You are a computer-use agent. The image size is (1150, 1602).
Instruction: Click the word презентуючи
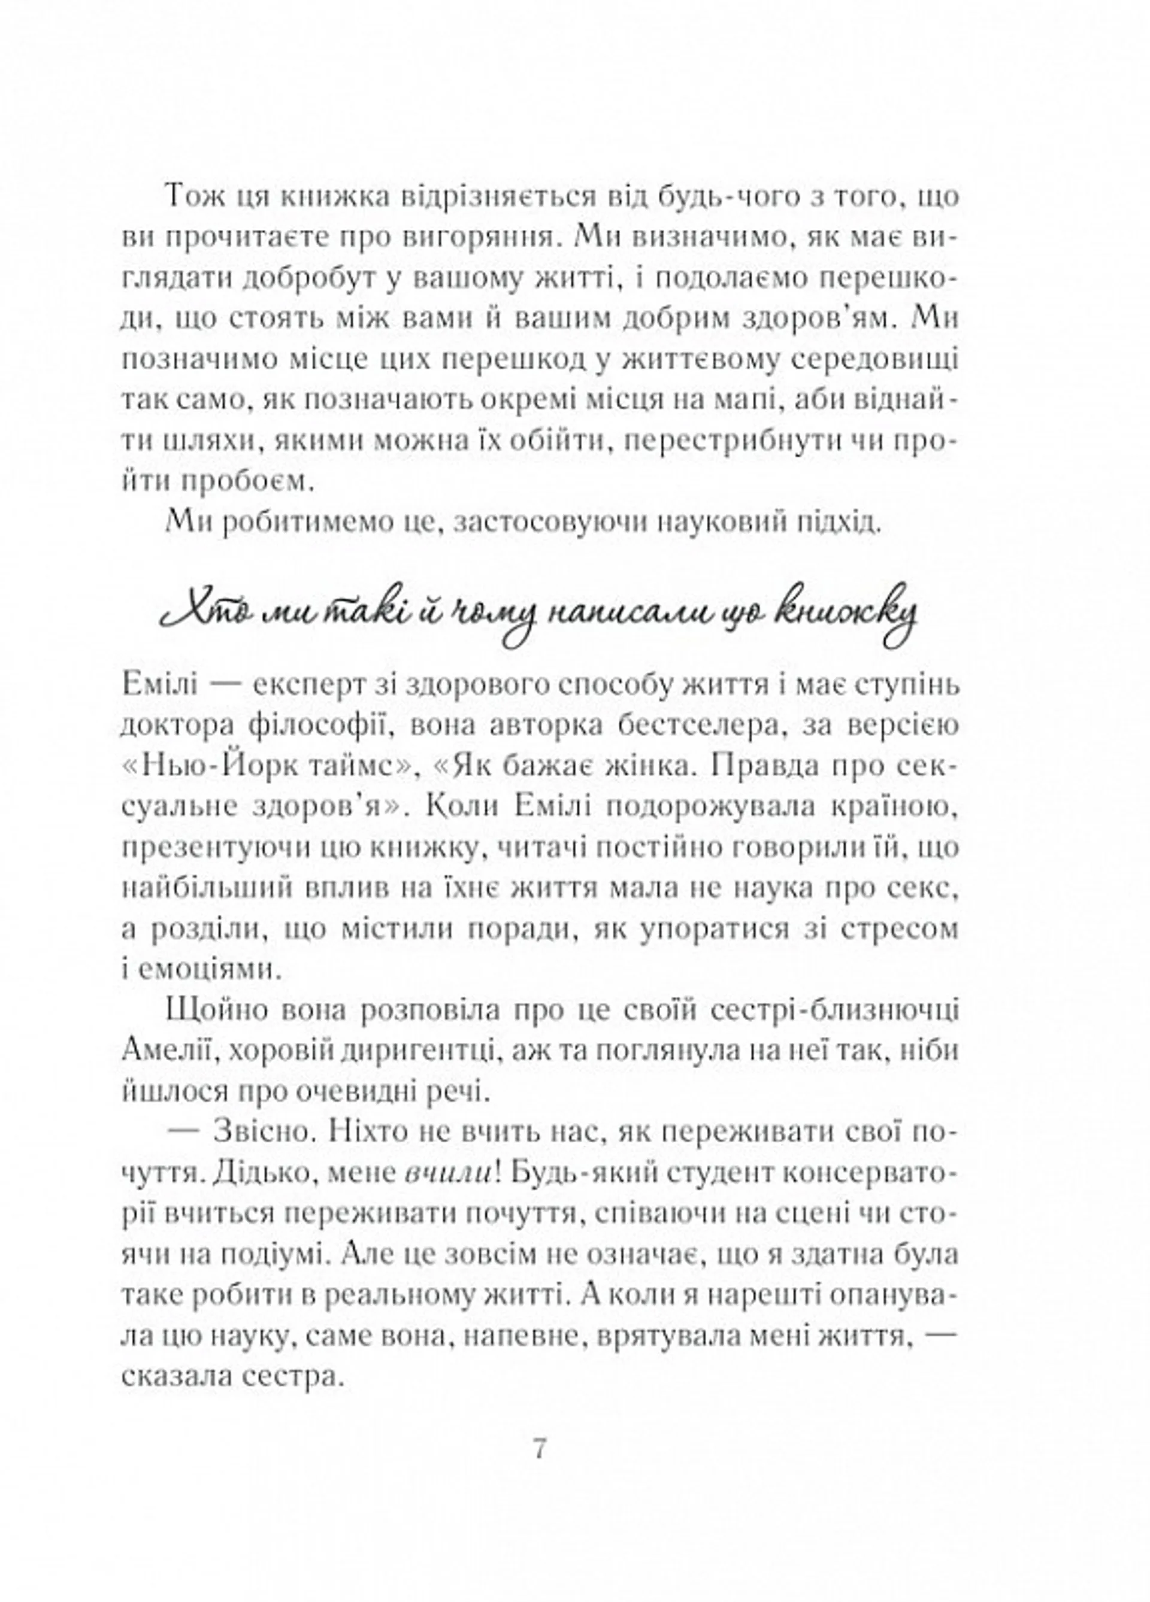pos(212,849)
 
